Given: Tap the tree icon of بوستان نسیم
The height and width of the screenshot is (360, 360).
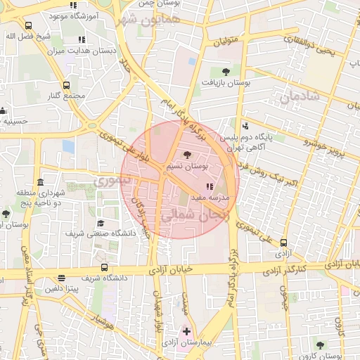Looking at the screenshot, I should click(186, 155).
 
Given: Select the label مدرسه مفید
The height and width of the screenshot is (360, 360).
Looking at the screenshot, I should click(210, 198).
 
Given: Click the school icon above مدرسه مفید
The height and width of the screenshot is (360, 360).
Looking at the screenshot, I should click(209, 187).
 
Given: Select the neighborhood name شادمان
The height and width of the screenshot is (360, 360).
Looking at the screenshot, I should click(299, 97).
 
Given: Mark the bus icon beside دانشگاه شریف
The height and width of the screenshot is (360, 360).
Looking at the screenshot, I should click(105, 267).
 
